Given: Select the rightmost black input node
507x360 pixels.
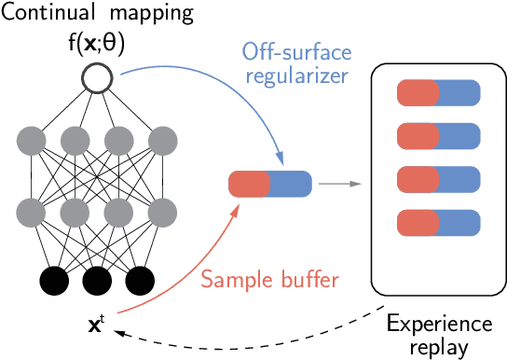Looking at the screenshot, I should pos(141,281).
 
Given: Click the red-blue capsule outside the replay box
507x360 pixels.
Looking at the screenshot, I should pos(269,184).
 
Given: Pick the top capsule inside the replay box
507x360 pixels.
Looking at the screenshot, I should pos(438,93).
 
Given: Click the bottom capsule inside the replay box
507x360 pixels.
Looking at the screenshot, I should pos(438,224).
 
